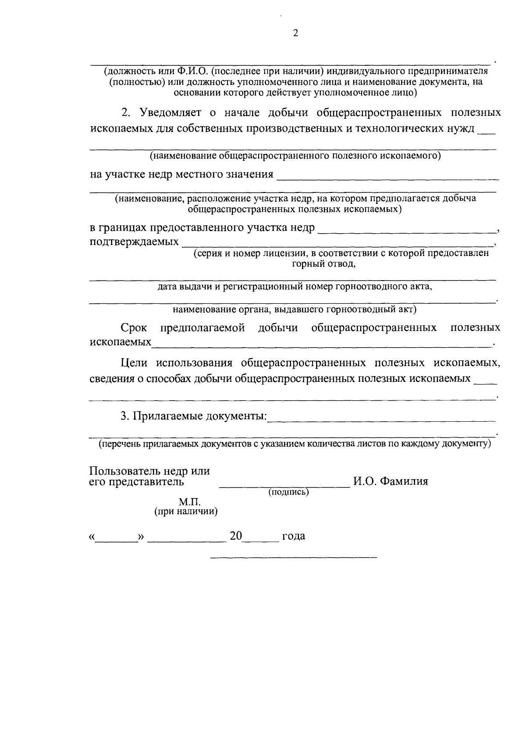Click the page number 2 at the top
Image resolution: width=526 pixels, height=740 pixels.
coord(295,33)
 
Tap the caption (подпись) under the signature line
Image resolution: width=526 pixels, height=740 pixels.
coord(288,492)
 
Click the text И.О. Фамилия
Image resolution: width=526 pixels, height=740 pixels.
coord(391,481)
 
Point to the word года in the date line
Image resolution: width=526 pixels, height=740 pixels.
coord(294,536)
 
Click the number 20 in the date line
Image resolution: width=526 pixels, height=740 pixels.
coord(236,536)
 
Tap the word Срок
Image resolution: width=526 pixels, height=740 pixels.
coord(134,328)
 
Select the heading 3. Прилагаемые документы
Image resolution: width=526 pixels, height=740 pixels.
coord(193,416)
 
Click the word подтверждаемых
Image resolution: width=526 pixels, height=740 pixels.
coord(134,242)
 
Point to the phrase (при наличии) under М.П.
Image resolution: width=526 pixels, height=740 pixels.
coord(186,512)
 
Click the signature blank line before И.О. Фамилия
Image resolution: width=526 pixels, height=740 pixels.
coord(284,486)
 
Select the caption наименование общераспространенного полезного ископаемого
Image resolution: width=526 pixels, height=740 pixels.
coord(295,156)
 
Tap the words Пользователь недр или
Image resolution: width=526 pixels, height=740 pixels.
coord(149,471)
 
